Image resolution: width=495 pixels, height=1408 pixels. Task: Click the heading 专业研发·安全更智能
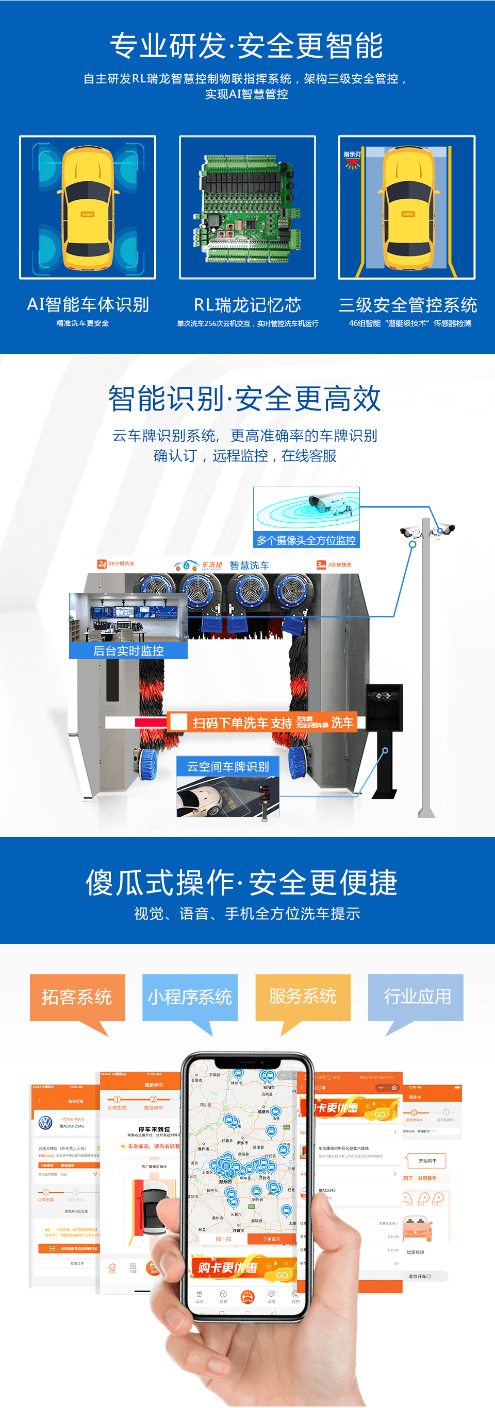(x=246, y=45)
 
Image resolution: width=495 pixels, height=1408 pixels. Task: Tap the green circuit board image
(x=247, y=207)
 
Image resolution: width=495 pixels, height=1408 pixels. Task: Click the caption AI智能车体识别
(x=88, y=304)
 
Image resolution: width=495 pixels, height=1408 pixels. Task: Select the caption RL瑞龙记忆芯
(x=247, y=304)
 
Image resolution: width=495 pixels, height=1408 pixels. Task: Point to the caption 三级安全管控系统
(x=407, y=304)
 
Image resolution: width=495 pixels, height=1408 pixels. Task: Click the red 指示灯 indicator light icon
(x=352, y=161)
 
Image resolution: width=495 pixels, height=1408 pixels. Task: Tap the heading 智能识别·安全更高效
(x=244, y=399)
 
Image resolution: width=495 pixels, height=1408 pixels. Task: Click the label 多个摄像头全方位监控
(x=306, y=540)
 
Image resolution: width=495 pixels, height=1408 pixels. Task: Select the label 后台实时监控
(x=128, y=650)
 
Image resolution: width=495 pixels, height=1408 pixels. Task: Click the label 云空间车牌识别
(x=228, y=766)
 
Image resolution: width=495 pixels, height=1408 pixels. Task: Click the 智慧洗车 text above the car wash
(x=250, y=565)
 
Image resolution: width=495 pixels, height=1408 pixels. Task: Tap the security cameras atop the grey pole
(x=428, y=529)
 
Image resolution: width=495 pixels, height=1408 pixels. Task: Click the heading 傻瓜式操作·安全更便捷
(x=241, y=882)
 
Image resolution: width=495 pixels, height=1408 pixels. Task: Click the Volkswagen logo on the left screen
(x=45, y=1123)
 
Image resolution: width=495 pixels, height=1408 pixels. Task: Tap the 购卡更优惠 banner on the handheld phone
(x=241, y=1267)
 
